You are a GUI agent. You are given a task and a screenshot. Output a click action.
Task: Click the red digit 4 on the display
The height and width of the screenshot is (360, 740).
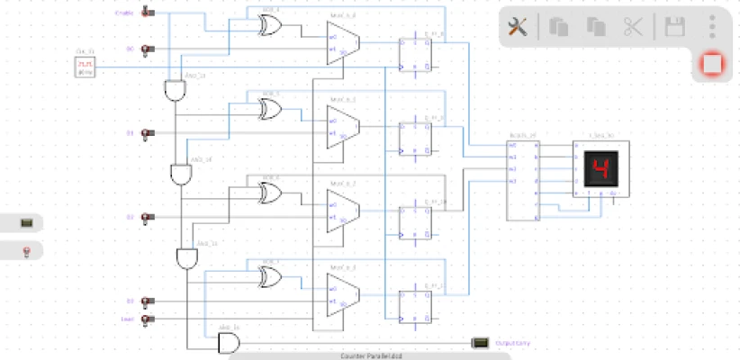[600, 168]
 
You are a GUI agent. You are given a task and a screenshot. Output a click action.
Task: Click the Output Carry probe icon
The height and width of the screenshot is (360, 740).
[480, 343]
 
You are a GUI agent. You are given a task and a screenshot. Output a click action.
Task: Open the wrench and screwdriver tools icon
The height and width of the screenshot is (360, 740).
[518, 27]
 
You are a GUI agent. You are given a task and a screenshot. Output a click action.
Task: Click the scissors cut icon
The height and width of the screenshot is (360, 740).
[633, 27]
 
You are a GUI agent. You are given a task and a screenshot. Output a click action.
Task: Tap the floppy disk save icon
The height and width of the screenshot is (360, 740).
[674, 27]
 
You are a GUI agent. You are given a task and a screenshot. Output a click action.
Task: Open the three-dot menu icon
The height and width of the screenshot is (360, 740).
[712, 26]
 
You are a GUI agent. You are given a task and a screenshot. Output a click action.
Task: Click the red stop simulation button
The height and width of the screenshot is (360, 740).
[712, 65]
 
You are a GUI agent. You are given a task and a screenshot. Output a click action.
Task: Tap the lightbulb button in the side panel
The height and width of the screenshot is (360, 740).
[26, 249]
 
